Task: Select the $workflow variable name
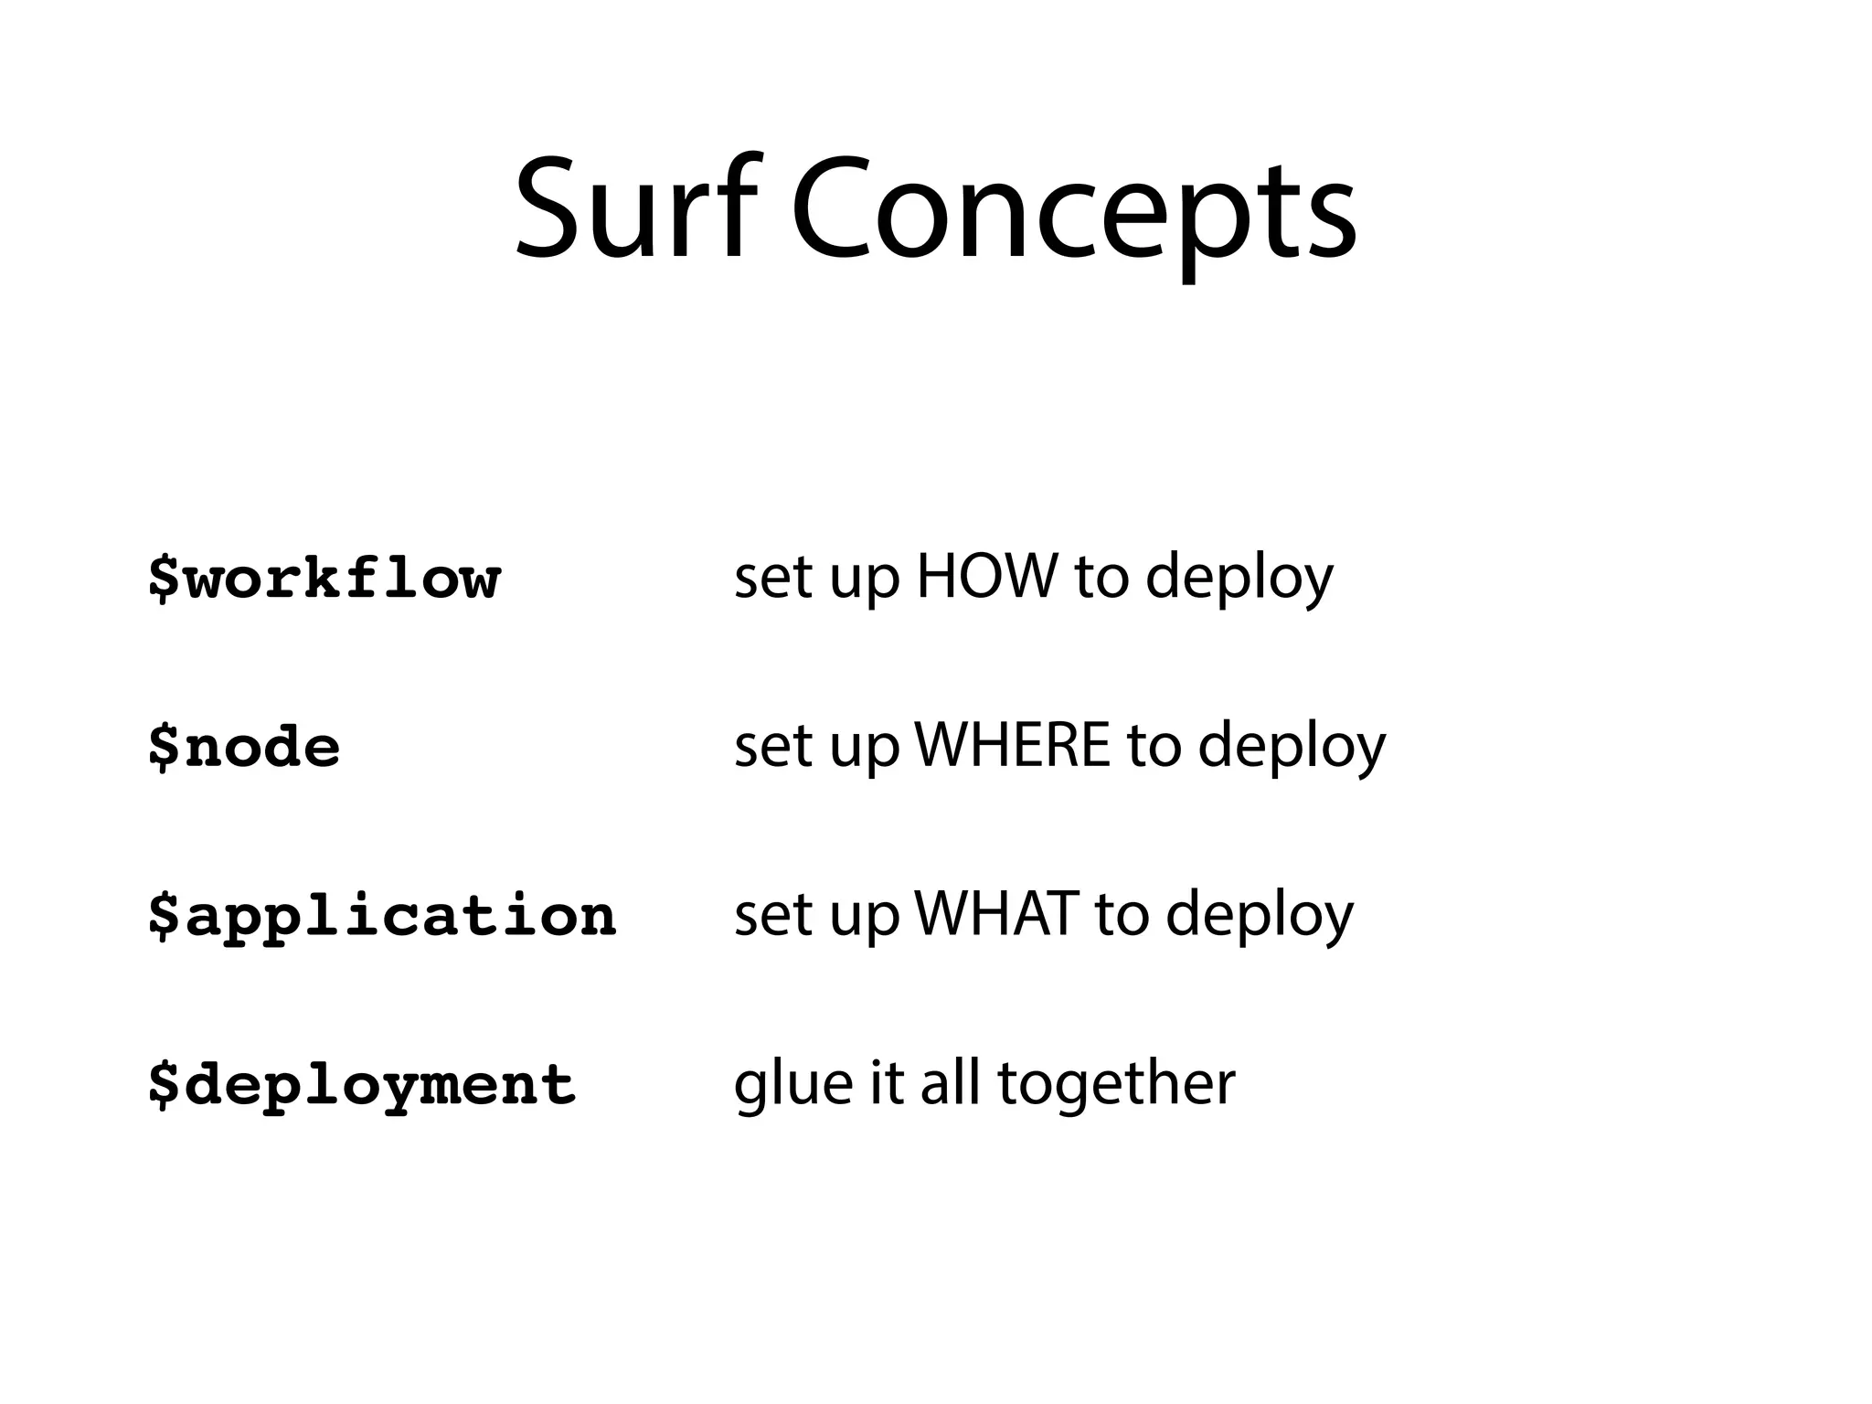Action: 324,580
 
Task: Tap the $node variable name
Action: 244,748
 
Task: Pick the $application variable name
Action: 382,917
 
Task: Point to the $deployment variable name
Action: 362,1086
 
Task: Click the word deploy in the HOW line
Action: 1239,580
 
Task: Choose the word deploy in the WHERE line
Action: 1292,748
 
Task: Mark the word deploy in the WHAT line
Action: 1259,916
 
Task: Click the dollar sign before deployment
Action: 164,1085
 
